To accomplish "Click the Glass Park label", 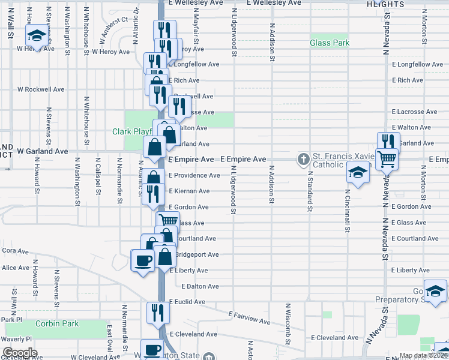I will pos(330,43).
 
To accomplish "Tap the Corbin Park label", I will pos(57,324).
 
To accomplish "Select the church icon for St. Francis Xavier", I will pos(304,159).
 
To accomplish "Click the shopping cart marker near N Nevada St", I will pos(387,158).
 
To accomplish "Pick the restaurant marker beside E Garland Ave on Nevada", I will pos(388,142).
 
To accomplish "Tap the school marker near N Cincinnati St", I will pos(358,172).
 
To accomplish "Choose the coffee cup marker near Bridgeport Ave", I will pos(143,260).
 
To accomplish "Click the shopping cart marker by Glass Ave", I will pos(168,221).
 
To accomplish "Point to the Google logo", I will pos(20,353).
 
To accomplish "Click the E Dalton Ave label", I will pos(200,287).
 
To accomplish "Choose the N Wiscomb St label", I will pos(288,332).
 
